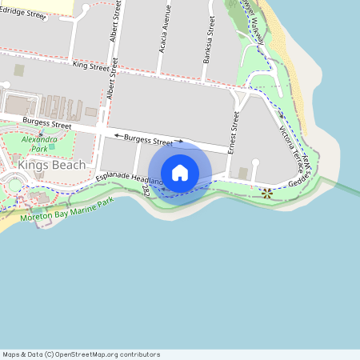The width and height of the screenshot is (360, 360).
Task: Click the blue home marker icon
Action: pos(180,173)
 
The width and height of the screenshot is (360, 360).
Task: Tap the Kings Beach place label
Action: pos(51,165)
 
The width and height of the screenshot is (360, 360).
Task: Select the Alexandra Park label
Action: pos(40,144)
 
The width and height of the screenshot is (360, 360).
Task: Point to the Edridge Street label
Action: pos(25,13)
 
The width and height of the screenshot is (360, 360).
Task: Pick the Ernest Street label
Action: pos(234,133)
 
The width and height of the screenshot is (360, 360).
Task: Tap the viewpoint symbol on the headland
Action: pos(267,192)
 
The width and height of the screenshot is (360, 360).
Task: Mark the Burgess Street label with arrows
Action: pos(149,140)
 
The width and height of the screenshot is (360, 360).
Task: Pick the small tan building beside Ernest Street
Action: pos(243,174)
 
